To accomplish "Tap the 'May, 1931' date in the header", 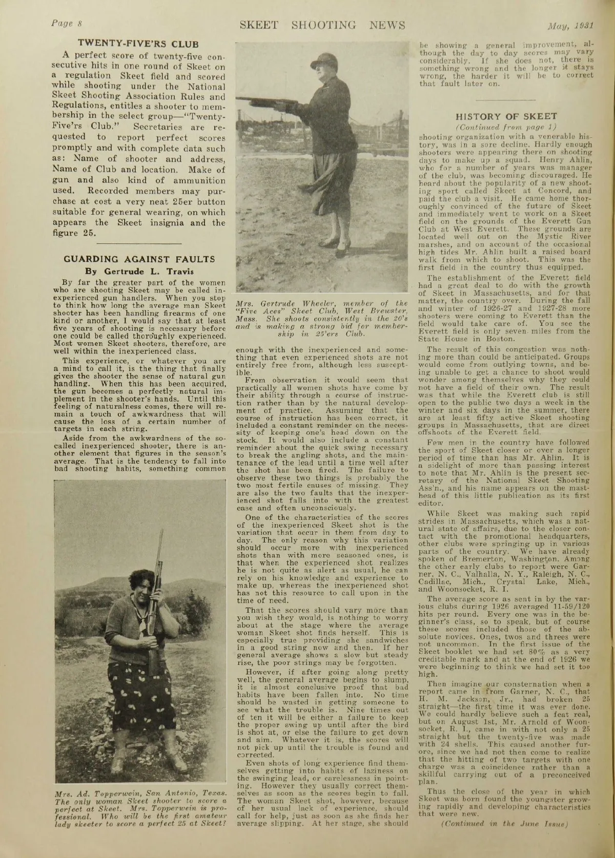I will click(x=577, y=25).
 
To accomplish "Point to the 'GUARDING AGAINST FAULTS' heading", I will click(x=139, y=259).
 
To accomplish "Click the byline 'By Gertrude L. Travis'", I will click(x=139, y=270).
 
